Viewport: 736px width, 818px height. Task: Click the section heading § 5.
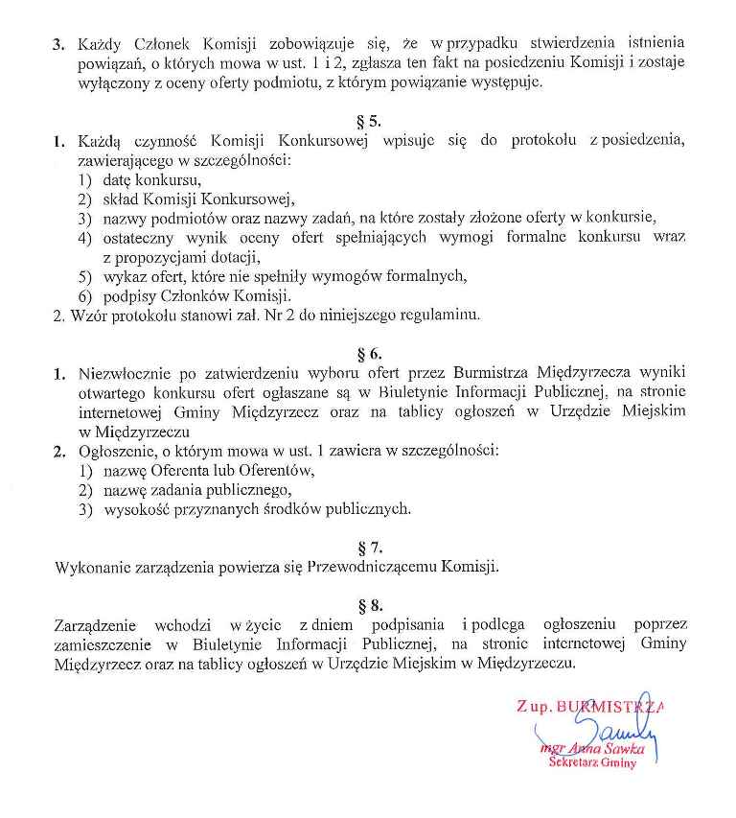click(369, 122)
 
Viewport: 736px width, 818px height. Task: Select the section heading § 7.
click(369, 549)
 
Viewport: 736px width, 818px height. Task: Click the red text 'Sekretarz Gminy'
click(592, 762)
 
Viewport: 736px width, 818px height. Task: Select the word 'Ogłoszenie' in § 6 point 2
click(115, 451)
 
